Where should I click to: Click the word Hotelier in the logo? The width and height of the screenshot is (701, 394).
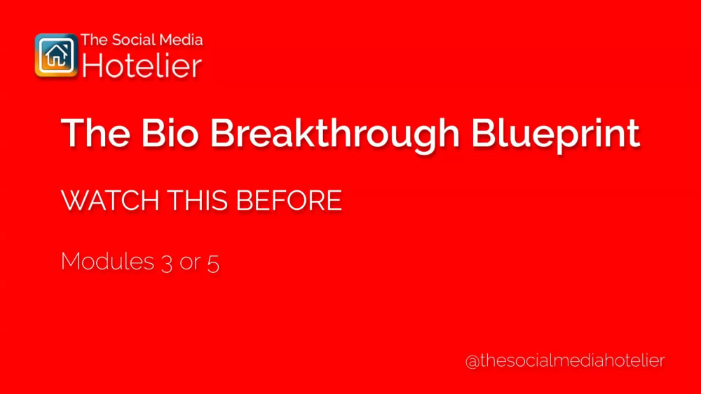pyautogui.click(x=142, y=66)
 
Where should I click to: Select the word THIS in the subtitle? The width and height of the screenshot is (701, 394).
pyautogui.click(x=197, y=201)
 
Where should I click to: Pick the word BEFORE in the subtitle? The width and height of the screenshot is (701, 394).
pyautogui.click(x=289, y=201)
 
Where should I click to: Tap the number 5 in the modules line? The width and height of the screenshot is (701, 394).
pyautogui.click(x=213, y=262)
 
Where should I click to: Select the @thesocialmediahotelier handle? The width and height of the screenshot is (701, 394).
pyautogui.click(x=565, y=360)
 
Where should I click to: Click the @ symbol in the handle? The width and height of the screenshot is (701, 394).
pyautogui.click(x=472, y=361)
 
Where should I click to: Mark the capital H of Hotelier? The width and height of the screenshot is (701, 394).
pyautogui.click(x=90, y=66)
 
